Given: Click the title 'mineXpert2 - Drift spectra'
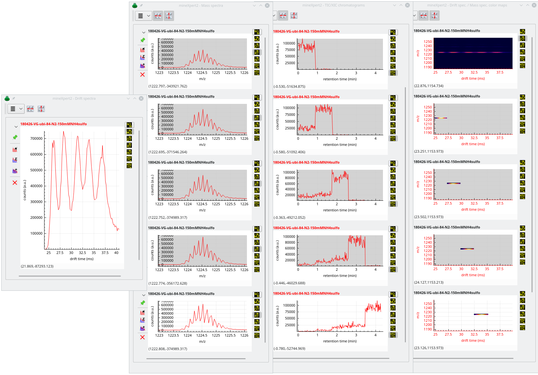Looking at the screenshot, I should tap(74, 98).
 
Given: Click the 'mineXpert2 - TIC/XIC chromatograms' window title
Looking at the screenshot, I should tap(333, 5).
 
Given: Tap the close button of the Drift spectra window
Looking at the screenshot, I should tap(141, 98).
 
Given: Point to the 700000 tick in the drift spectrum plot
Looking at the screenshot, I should tap(36, 138).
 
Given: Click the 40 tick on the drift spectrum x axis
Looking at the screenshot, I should tap(116, 253).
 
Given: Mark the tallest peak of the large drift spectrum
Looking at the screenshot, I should tap(64, 132).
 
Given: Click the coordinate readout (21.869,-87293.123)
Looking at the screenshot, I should tap(37, 266).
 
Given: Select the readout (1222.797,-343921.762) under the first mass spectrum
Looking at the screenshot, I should tap(168, 86).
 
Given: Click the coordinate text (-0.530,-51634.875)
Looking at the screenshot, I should tap(289, 86).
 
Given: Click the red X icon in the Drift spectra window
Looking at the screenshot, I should tap(15, 183).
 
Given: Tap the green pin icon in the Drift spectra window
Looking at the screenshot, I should tap(15, 137).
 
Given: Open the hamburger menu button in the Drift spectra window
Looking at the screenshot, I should tap(13, 109).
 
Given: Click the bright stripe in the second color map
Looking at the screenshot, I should tap(440, 118).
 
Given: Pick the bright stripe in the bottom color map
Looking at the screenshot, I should tap(481, 314).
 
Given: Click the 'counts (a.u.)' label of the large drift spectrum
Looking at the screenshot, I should tap(25, 190).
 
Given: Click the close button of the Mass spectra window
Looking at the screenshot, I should tap(267, 5).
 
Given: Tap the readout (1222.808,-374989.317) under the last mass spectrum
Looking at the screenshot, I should tap(168, 349).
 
